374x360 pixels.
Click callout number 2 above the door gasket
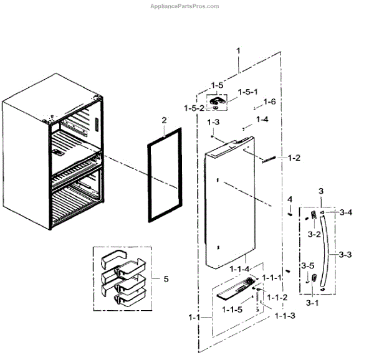(163, 120)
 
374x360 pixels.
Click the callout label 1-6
(269, 102)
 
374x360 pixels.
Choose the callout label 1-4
(262, 119)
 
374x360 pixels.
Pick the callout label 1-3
(213, 121)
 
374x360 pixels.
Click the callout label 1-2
(293, 158)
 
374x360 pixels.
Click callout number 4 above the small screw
(289, 200)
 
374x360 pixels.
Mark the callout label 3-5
(307, 265)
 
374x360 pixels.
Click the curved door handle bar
(327, 252)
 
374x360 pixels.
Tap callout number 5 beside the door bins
(166, 280)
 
